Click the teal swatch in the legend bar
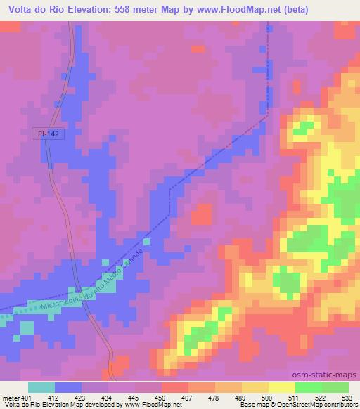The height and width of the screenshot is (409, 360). click(41, 387)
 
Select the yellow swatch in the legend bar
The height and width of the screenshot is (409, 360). click(255, 387)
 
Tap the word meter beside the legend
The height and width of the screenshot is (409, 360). click(11, 398)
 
